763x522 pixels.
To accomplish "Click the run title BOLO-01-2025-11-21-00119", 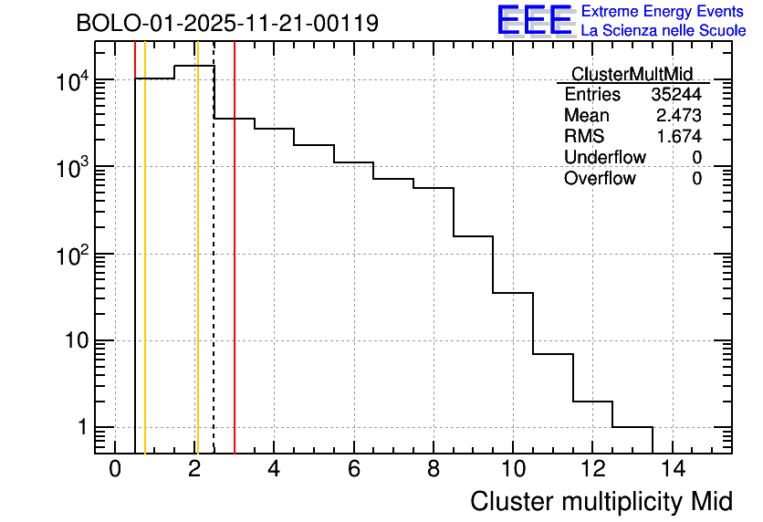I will click(227, 23).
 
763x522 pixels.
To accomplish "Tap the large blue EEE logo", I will click(535, 20).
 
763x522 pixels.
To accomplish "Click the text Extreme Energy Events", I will click(663, 12).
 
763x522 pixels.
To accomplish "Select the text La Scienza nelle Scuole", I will click(663, 31).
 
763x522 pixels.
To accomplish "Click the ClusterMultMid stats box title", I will click(632, 74).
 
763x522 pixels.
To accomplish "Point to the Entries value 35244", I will click(676, 95).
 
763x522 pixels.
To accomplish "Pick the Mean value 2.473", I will click(678, 116).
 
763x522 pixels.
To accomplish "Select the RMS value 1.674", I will click(678, 137).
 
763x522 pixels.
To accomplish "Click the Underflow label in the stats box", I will click(604, 158).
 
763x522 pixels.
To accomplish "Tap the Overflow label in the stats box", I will click(600, 179).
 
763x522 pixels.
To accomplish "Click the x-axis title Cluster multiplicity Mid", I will click(601, 501).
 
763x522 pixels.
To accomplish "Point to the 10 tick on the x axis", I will click(513, 470).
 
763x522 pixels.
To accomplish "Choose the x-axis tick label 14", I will click(673, 470).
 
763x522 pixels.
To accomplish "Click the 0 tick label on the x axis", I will click(115, 470).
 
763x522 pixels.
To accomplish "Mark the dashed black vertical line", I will click(214, 274).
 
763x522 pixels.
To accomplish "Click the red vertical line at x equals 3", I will click(235, 274).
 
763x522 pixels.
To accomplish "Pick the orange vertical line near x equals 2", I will click(197, 274).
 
